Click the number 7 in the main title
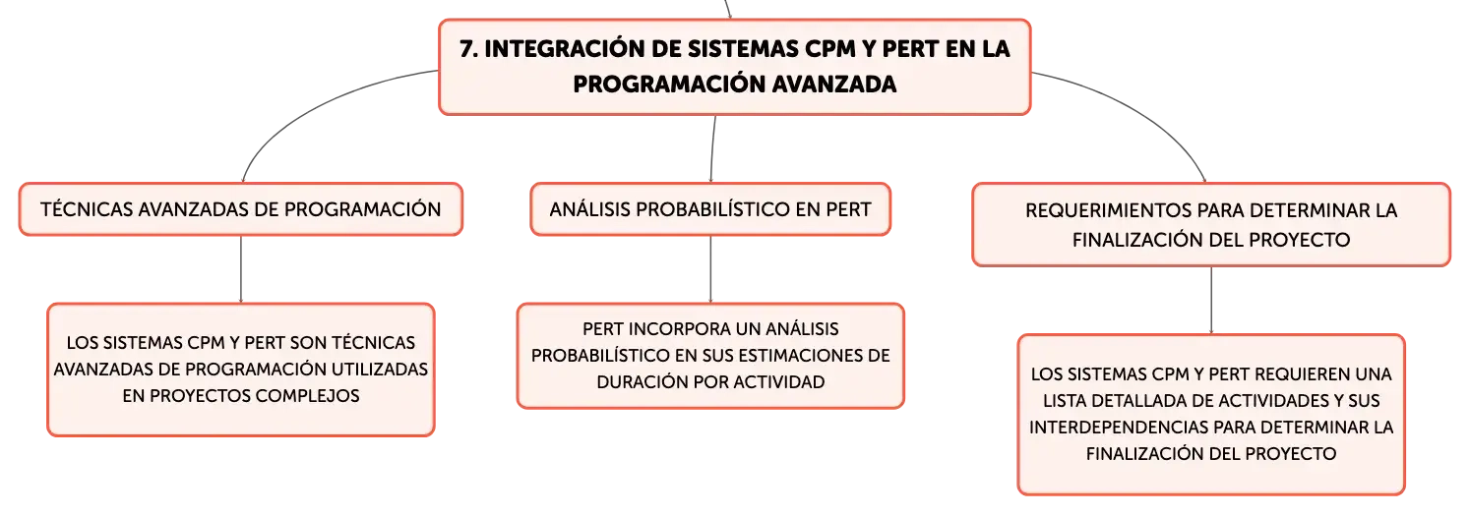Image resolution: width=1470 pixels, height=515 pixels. [x=467, y=49]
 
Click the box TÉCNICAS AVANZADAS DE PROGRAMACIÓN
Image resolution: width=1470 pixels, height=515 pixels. [x=241, y=209]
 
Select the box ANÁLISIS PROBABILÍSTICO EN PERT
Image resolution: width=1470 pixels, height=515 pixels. [x=710, y=209]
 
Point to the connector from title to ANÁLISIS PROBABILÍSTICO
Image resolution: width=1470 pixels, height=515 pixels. [x=712, y=148]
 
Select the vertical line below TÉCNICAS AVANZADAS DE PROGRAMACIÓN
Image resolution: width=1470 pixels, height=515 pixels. [x=241, y=268]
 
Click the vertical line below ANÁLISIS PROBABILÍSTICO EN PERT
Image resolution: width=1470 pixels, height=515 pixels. [x=710, y=268]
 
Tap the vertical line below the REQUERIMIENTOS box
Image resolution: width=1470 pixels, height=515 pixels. [x=1211, y=300]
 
